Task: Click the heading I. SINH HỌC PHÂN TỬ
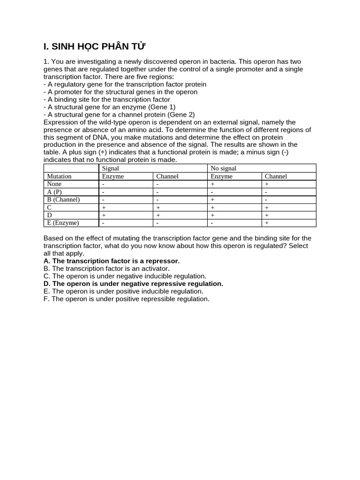point(95,46)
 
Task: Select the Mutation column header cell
point(59,176)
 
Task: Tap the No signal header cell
point(224,168)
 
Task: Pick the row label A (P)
point(54,192)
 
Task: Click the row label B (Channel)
point(63,199)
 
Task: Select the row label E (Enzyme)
point(63,223)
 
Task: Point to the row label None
point(54,184)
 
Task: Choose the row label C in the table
point(49,207)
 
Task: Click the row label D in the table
point(49,215)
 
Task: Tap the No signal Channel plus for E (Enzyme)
point(267,223)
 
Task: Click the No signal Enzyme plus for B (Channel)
point(212,199)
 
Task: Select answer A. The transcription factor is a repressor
point(112,261)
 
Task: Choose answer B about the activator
point(106,269)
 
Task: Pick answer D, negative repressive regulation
point(133,284)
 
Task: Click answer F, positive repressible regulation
point(126,299)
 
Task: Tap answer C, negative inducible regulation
point(125,276)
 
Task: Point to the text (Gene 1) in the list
point(162,107)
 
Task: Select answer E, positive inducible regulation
point(123,291)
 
